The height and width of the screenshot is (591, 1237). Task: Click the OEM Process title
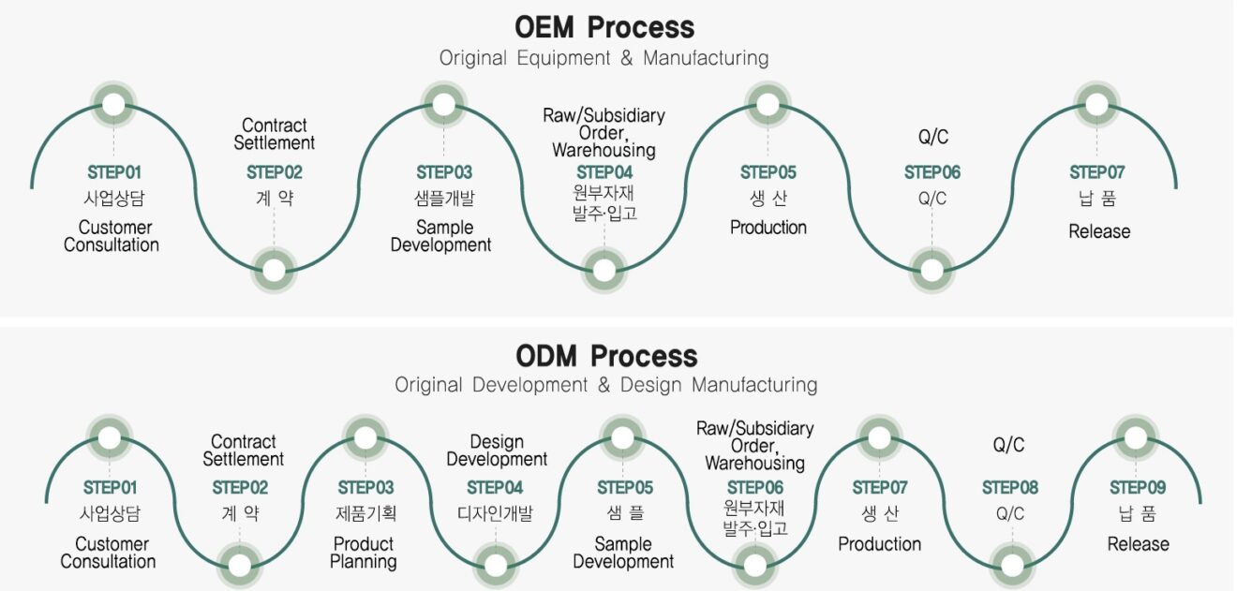(604, 27)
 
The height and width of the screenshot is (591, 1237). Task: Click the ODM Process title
(606, 356)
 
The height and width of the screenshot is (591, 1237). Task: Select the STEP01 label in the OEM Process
(114, 172)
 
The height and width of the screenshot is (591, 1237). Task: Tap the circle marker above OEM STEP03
(443, 104)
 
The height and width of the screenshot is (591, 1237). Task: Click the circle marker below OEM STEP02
(274, 271)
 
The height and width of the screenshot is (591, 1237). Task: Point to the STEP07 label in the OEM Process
(1096, 172)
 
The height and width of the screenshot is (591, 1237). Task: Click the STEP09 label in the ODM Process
(1138, 488)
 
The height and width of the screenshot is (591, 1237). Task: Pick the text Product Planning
(364, 553)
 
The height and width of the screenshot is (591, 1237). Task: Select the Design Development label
(497, 451)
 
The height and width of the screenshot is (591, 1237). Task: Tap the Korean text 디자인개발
(495, 514)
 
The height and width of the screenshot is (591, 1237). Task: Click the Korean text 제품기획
(365, 514)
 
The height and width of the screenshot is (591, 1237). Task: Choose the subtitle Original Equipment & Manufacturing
(604, 58)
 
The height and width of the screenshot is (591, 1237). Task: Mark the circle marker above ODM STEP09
(1136, 438)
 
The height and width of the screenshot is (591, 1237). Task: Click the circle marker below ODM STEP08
(1012, 565)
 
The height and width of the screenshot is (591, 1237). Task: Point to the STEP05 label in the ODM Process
(624, 488)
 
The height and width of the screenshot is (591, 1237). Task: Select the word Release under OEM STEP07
(1099, 231)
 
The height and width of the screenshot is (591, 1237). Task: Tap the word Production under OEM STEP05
(768, 228)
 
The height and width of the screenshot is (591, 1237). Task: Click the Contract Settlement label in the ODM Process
(243, 451)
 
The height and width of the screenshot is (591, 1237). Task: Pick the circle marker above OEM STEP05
(768, 104)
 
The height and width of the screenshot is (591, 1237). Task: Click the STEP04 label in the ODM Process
(495, 488)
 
